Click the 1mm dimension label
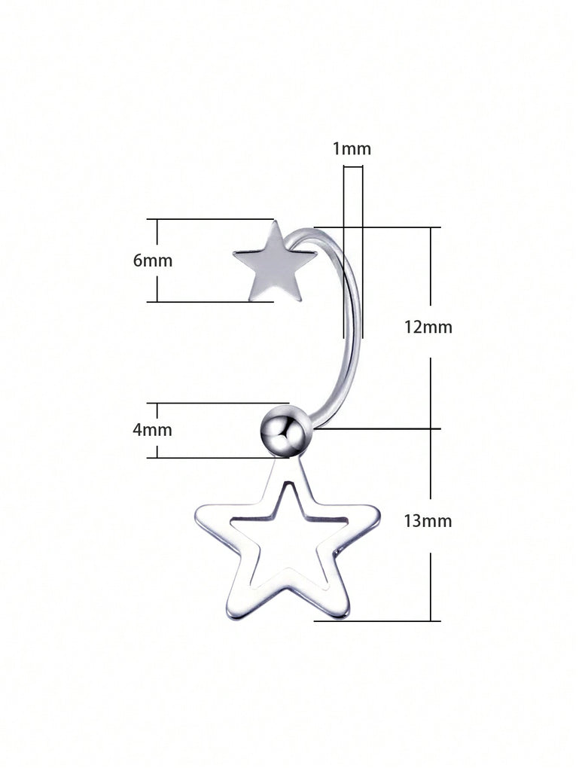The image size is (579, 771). (x=352, y=149)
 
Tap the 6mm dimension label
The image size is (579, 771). (x=153, y=261)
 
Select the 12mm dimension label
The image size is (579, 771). (x=428, y=327)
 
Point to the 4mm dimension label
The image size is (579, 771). (x=153, y=430)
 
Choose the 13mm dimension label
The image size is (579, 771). (x=428, y=520)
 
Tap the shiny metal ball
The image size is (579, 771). (x=285, y=431)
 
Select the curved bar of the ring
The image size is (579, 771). (x=352, y=324)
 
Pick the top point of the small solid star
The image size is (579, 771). (x=275, y=223)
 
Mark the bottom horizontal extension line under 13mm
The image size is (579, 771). (x=376, y=621)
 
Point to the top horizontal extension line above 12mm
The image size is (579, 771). (x=392, y=227)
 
